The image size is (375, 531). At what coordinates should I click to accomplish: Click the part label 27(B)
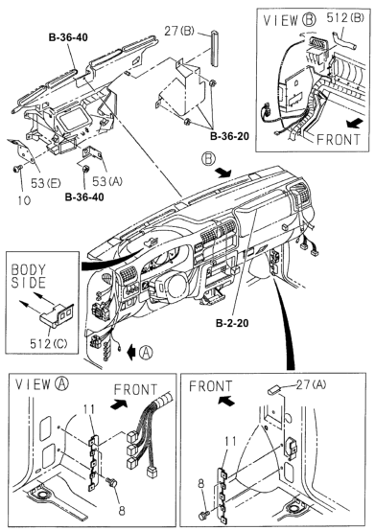(179, 32)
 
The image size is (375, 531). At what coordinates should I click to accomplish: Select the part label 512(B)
(345, 17)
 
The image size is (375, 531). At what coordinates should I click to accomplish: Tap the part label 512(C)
(49, 344)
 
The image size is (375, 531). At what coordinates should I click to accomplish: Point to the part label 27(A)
(311, 384)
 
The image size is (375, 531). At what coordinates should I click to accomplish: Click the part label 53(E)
(46, 183)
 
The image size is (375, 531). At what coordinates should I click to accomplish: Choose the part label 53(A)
(107, 181)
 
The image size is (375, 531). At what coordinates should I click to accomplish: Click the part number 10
(24, 200)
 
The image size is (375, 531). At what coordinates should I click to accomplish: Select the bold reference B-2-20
(232, 323)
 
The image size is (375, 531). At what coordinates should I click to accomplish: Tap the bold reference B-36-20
(229, 136)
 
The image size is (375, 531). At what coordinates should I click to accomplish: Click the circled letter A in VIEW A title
(62, 383)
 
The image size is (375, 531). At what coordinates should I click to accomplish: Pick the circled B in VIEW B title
(308, 19)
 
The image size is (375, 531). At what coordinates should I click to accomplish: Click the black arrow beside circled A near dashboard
(131, 353)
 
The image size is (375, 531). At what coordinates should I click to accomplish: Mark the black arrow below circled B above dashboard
(223, 173)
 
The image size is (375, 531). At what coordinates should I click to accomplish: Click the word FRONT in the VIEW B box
(339, 140)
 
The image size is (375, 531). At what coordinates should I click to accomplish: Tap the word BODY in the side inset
(28, 270)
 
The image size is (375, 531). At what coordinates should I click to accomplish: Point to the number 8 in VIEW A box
(122, 510)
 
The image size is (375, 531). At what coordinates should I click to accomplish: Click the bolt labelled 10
(16, 169)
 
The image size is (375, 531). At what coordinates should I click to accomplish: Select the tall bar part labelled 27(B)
(215, 49)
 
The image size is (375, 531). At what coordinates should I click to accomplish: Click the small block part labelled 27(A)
(273, 390)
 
